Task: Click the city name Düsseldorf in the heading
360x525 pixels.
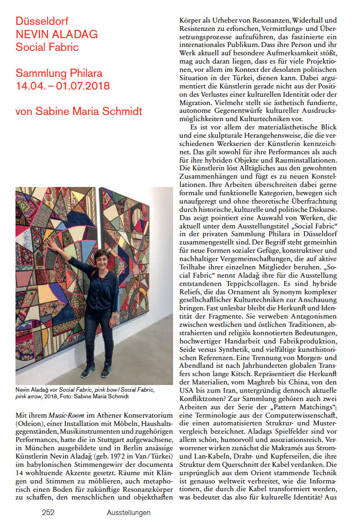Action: pos(40,23)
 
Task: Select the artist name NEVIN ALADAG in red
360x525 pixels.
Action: pos(56,35)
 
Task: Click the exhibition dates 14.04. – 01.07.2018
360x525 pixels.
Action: pos(62,86)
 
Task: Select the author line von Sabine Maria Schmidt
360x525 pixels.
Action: pos(79,112)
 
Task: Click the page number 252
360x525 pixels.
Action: pos(48,512)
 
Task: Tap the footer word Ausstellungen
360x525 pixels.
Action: pos(129,512)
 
